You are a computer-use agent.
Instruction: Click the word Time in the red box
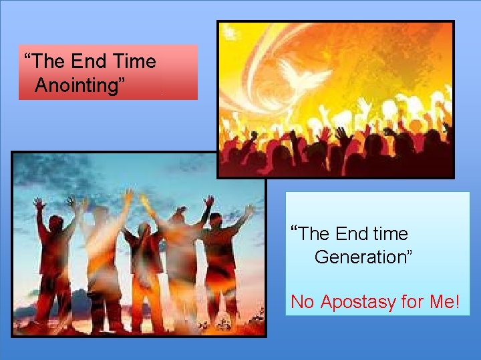[x=134, y=62]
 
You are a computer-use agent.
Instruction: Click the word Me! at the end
[x=444, y=302]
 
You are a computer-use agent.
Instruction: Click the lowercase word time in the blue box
[x=390, y=234]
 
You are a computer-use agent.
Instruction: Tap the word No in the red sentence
[x=302, y=302]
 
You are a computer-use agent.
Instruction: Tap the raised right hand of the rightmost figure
[x=249, y=211]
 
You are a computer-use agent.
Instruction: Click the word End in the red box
[x=89, y=62]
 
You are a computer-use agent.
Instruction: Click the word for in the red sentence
[x=412, y=302]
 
